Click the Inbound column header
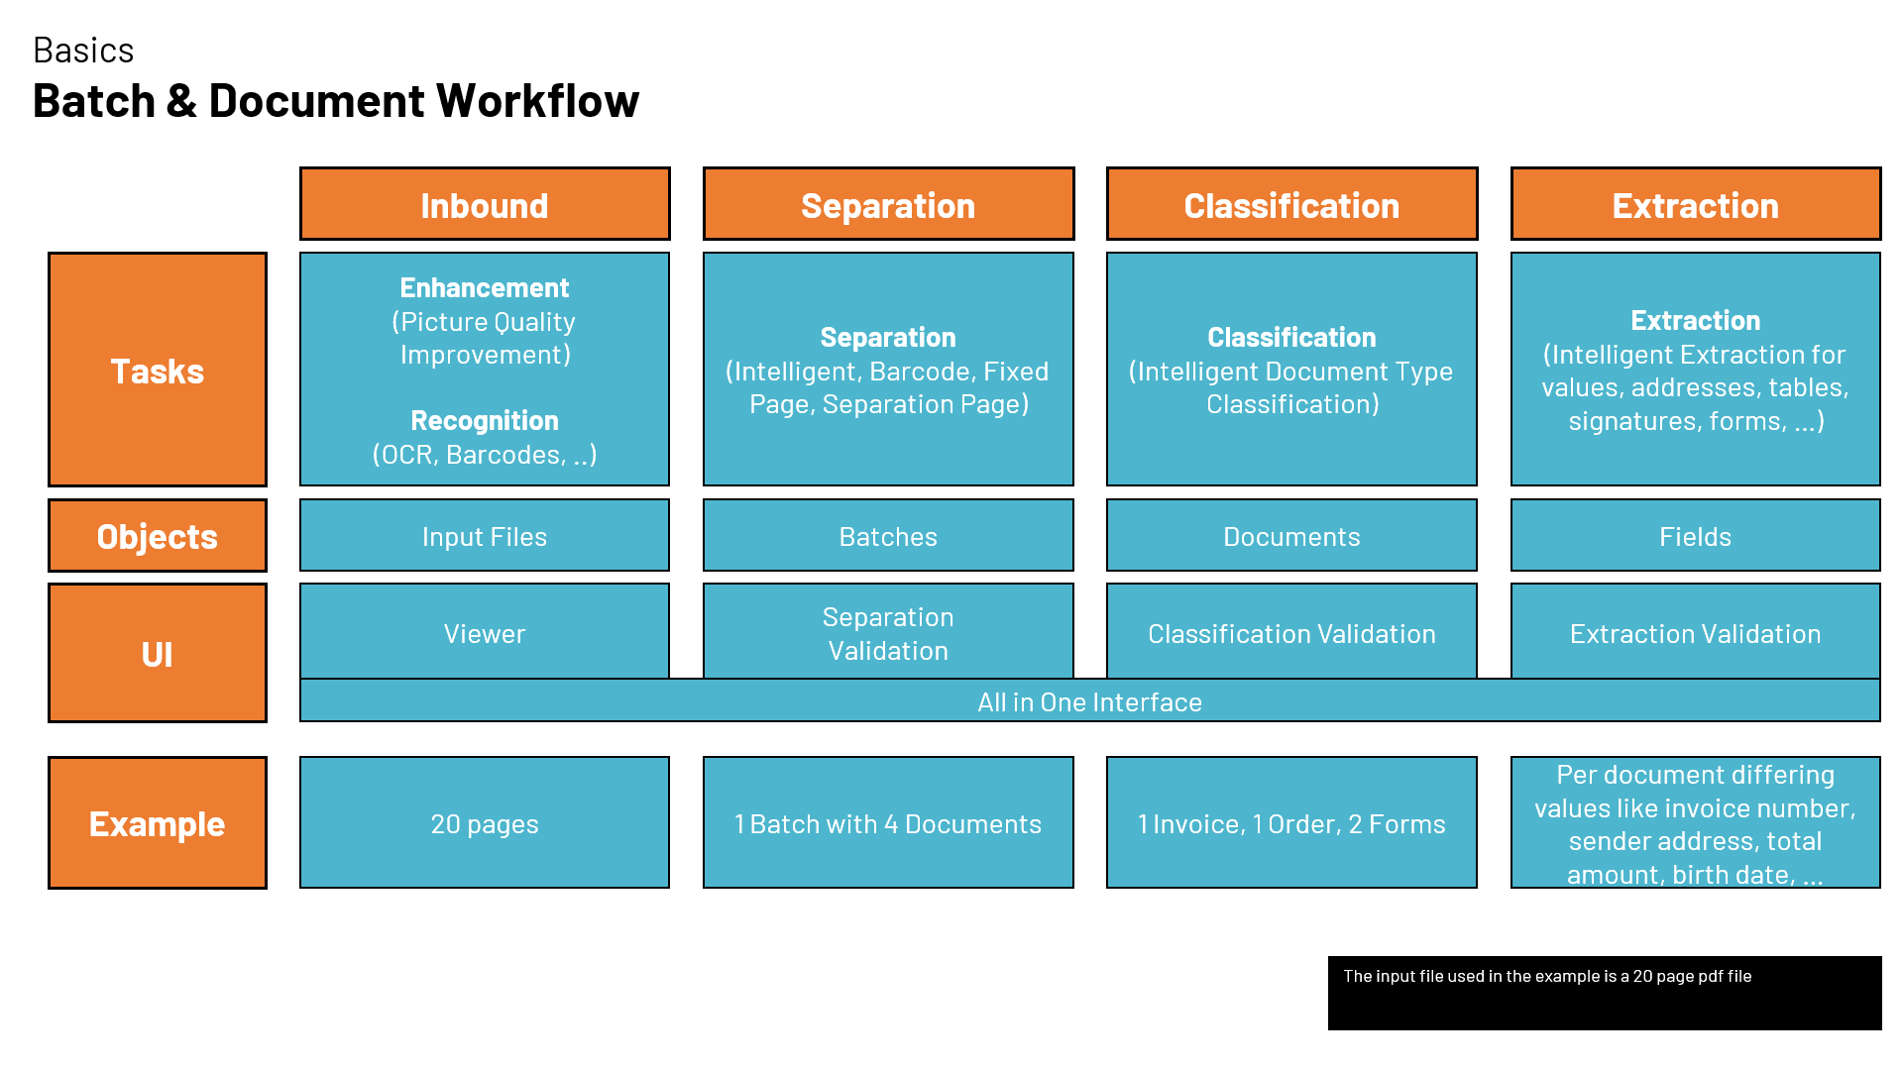(x=485, y=204)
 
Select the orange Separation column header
(x=888, y=204)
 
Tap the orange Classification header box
(x=1291, y=204)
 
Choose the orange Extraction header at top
(x=1695, y=204)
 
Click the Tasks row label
(x=158, y=370)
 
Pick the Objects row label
(x=158, y=536)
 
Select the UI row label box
(x=158, y=653)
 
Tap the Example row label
(x=158, y=822)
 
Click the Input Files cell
(x=485, y=536)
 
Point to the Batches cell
(x=888, y=536)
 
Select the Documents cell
(x=1291, y=536)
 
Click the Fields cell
(x=1695, y=536)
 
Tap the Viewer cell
(x=485, y=632)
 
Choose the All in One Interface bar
(x=1089, y=701)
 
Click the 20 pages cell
(x=485, y=822)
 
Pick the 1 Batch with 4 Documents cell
(x=888, y=822)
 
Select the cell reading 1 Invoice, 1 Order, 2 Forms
(x=1291, y=822)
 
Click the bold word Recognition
(x=485, y=420)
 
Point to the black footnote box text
(x=1546, y=976)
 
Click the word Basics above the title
(x=83, y=51)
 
